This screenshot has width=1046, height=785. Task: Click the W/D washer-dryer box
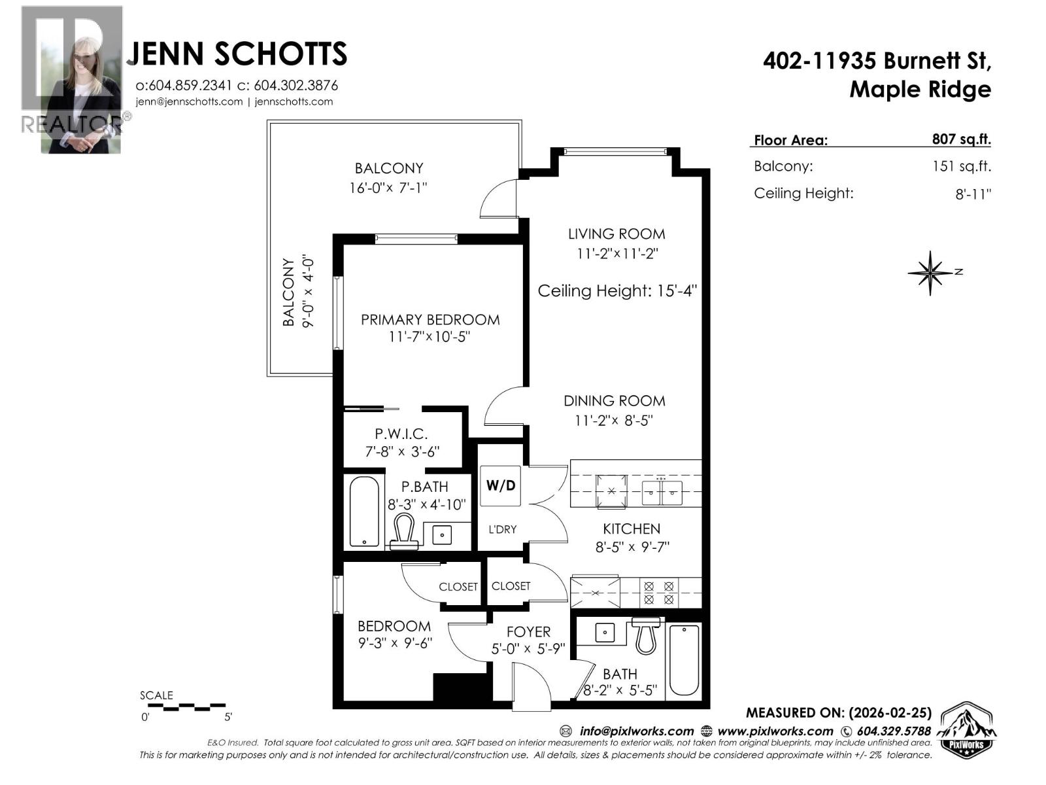(500, 485)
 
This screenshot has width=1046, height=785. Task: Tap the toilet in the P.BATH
(403, 531)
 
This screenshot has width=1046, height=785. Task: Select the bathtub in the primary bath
(364, 512)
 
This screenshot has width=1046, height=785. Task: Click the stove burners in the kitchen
(658, 593)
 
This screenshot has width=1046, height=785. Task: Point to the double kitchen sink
(662, 491)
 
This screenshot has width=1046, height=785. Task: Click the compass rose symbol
(930, 273)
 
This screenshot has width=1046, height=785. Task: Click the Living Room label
(616, 234)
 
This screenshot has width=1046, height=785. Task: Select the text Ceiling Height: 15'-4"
(617, 291)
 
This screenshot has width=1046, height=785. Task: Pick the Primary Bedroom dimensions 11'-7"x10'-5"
(430, 337)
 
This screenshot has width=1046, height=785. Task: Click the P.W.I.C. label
(401, 434)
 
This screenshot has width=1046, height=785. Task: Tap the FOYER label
(528, 632)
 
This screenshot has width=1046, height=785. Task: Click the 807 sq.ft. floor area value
(961, 139)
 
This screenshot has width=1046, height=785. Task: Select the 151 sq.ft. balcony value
(961, 166)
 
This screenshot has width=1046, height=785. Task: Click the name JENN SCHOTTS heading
(240, 54)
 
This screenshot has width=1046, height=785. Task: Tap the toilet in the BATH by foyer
(646, 637)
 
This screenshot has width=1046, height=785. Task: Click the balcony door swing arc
(498, 199)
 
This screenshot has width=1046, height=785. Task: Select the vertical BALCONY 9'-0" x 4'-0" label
(298, 292)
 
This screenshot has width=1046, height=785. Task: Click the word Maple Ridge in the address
(920, 89)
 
